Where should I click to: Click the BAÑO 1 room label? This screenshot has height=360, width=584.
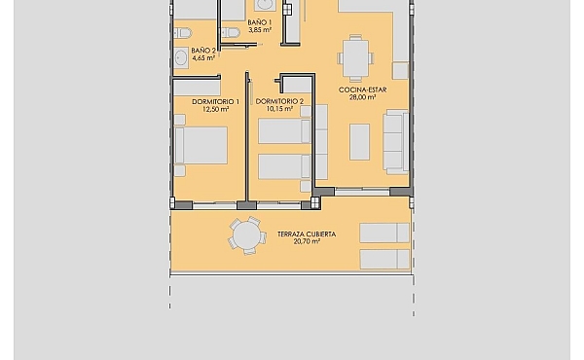[x=260, y=22]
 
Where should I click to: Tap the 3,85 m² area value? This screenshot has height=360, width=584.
[x=260, y=30]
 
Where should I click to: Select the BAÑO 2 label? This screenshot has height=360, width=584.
[x=203, y=51]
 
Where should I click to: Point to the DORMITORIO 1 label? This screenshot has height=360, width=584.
[x=216, y=101]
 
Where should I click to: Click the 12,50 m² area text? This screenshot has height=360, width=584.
[x=216, y=109]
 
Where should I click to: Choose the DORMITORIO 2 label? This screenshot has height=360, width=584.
[x=279, y=101]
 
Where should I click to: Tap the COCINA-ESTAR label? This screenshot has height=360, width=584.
[x=362, y=90]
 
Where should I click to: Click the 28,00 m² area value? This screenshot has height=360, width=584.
[x=362, y=97]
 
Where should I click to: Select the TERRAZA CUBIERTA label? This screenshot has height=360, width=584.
[x=307, y=234]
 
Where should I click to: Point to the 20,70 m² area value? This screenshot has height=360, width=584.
[x=307, y=241]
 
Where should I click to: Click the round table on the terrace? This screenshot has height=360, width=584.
[x=246, y=236]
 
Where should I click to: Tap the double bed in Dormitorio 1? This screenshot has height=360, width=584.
[x=201, y=146]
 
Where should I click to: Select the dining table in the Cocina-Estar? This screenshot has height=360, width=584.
[x=355, y=58]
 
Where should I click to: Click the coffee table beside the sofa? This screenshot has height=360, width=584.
[x=359, y=142]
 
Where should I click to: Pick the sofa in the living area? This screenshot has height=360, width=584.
[x=396, y=142]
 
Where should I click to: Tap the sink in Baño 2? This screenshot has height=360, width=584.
[x=181, y=58]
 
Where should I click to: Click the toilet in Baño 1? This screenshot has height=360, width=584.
[x=230, y=33]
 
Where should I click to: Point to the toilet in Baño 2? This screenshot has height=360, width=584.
[x=182, y=33]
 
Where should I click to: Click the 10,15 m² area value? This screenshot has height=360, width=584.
[x=279, y=109]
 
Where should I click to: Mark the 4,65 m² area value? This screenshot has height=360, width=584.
[x=203, y=58]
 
